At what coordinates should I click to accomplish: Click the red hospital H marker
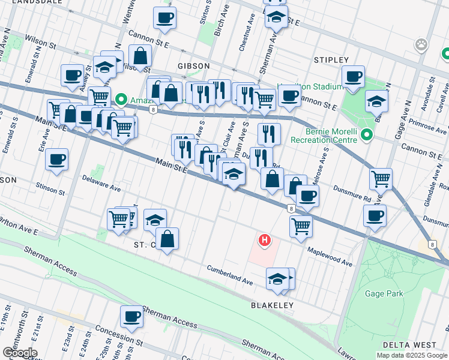click(x=264, y=241)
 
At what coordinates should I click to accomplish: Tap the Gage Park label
click(x=384, y=293)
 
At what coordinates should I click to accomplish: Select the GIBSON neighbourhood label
click(x=193, y=65)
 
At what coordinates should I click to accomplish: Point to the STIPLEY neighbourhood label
click(x=331, y=60)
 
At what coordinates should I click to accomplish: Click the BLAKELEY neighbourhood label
click(x=272, y=305)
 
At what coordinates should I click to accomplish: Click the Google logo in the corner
click(x=19, y=353)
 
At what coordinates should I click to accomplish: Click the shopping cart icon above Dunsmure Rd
click(x=381, y=178)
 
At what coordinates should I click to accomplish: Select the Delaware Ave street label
click(x=101, y=183)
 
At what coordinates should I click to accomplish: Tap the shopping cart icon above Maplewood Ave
click(x=300, y=226)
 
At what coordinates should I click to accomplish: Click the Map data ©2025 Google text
click(x=411, y=355)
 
